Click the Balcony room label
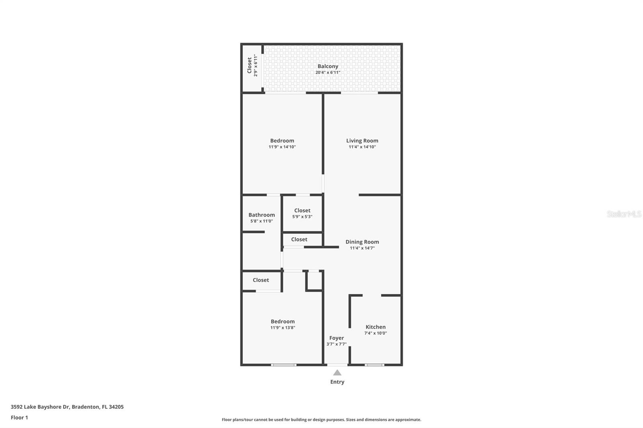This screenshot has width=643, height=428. point(328,66)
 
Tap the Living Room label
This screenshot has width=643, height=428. point(362,141)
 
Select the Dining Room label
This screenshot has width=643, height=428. point(362,242)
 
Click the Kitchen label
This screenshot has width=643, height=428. point(375,327)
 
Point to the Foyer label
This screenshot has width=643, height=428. point(336,338)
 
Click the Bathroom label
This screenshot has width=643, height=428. point(262,215)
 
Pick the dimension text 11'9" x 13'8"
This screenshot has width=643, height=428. point(283,328)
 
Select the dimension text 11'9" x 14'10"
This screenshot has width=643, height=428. point(282,147)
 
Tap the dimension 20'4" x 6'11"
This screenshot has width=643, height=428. point(328,73)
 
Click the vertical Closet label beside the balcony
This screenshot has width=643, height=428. point(250,65)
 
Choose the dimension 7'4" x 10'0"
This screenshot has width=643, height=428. point(375,333)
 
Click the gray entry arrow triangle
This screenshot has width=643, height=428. point(337,373)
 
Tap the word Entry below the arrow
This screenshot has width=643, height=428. point(337,382)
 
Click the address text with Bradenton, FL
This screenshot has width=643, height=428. point(67,407)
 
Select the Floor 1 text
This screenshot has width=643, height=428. point(19,418)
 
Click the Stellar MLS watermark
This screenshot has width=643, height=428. point(624,214)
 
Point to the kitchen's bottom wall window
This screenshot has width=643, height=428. point(374,365)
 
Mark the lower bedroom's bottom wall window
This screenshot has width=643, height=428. point(284,365)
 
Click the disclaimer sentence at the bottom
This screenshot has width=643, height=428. point(321,420)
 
